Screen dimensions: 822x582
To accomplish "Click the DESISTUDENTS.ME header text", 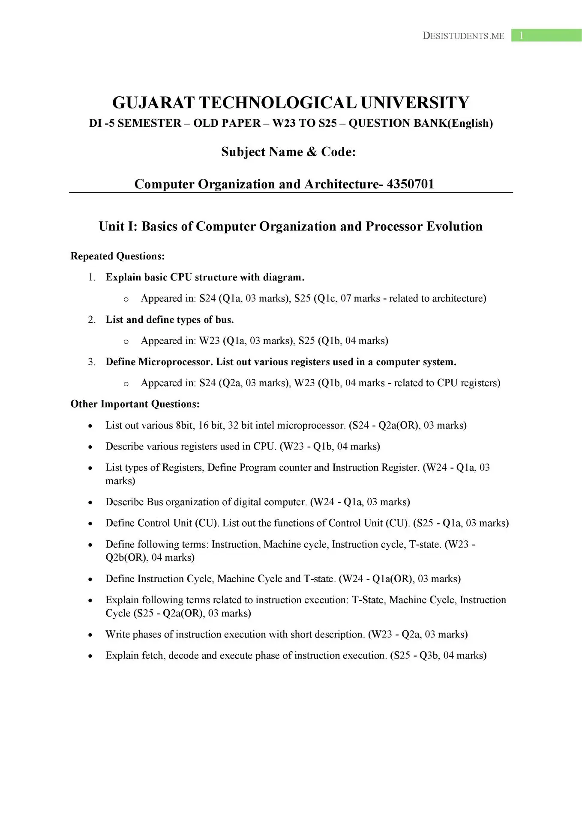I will (463, 36).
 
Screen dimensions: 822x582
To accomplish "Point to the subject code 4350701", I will (410, 184).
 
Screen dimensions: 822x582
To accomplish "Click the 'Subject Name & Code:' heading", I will (288, 152).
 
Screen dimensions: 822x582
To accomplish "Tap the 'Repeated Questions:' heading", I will (117, 256).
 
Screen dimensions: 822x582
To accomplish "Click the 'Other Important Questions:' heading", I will (135, 404).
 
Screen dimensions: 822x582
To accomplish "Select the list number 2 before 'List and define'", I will (91, 320).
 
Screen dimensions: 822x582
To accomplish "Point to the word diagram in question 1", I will (282, 277).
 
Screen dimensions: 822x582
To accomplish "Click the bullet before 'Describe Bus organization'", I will (90, 503).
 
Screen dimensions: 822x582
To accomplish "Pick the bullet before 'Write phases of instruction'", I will (90, 635).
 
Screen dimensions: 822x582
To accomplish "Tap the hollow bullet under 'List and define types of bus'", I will (126, 342).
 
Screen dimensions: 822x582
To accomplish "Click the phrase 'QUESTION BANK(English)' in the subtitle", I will (420, 123).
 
